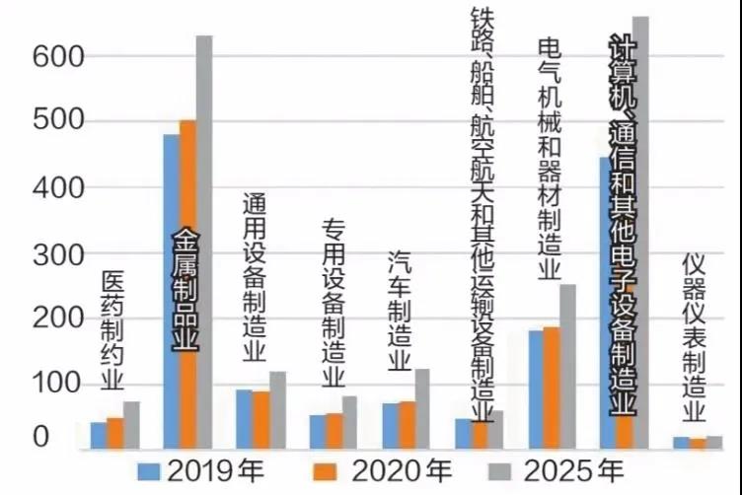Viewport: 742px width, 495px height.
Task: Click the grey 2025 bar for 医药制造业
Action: [131, 425]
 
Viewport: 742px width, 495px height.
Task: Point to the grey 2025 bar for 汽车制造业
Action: [422, 409]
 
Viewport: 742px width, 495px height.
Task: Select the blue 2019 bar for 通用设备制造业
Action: [244, 419]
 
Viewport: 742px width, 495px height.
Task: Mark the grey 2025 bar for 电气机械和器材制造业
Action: [567, 366]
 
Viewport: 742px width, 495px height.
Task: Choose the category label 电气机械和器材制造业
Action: [550, 158]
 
